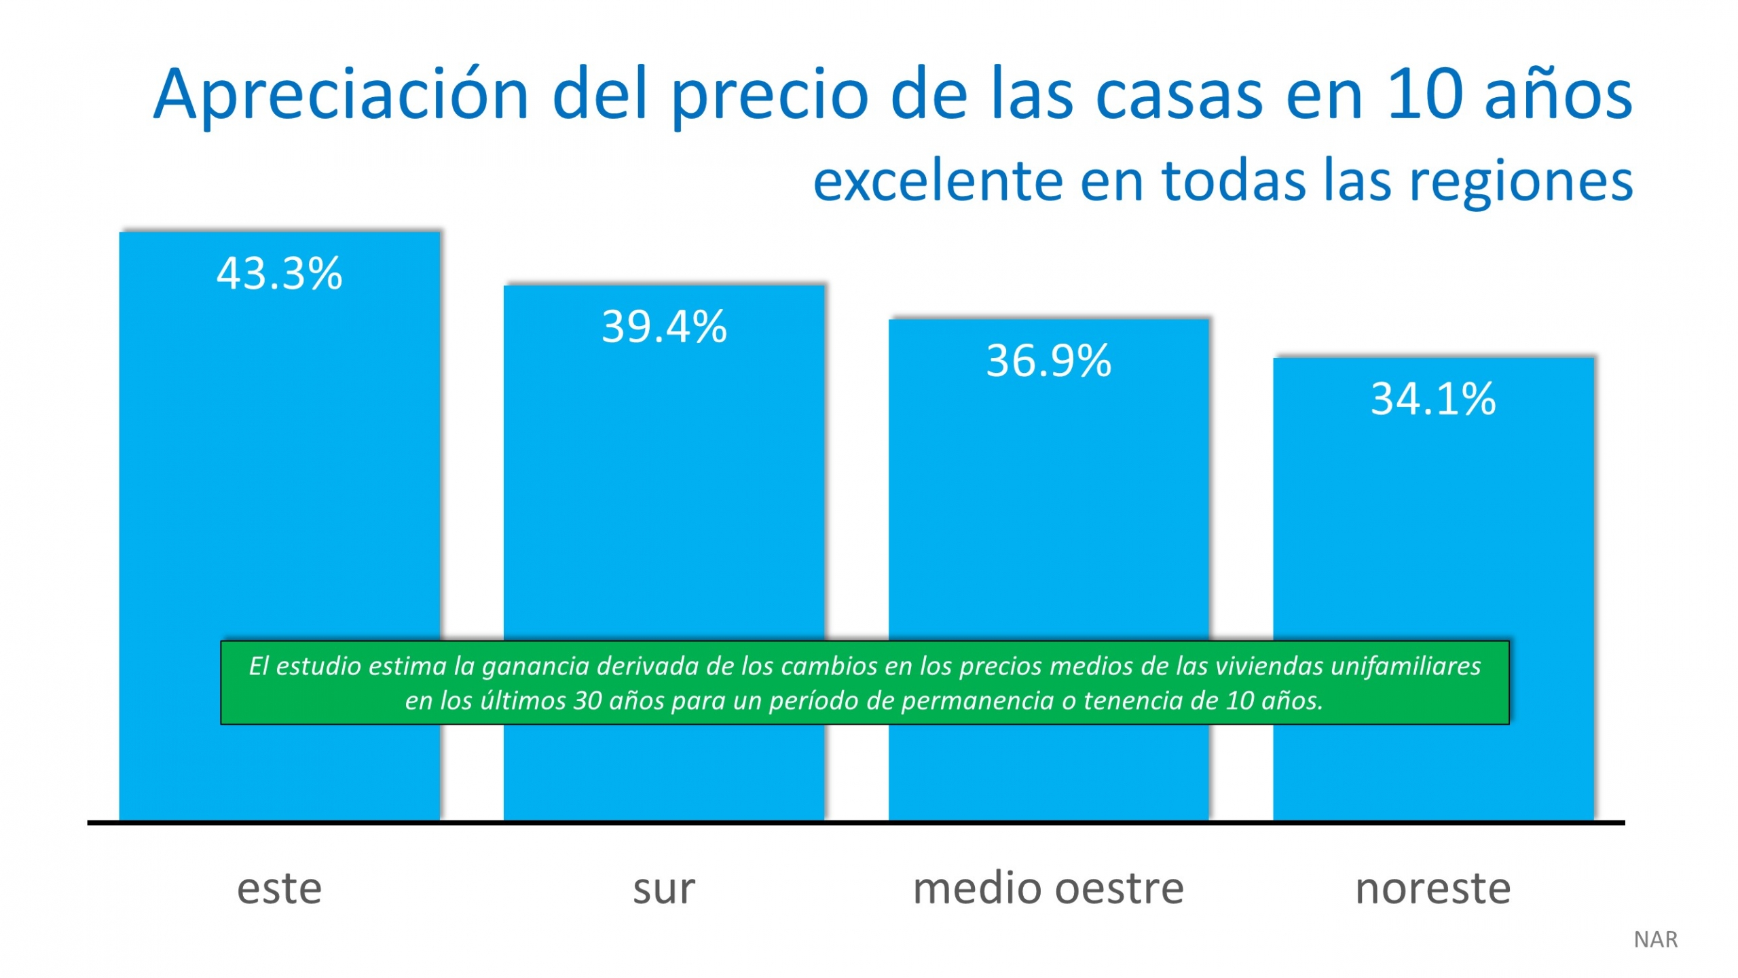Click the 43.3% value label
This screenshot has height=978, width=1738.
pos(279,274)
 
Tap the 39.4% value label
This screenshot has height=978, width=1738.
pos(664,327)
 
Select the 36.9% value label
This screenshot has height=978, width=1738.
pos(1048,361)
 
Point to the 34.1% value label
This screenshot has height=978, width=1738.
pos(1432,399)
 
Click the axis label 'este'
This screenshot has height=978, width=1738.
pos(279,888)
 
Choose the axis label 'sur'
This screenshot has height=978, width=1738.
pos(664,888)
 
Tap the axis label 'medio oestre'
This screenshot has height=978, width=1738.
pos(1048,888)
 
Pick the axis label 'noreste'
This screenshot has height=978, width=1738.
pos(1432,888)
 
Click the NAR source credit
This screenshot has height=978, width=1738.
pos(1655,940)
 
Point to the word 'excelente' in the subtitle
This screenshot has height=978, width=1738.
pos(937,181)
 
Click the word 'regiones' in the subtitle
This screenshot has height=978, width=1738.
pos(1521,181)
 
